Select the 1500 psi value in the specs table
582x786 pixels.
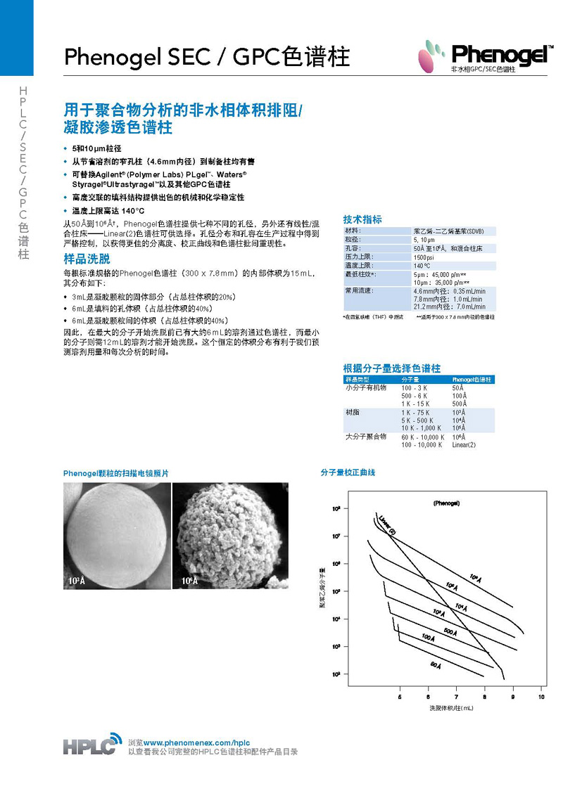tap(424, 257)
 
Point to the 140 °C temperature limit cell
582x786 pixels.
tap(422, 266)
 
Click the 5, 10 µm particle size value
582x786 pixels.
tap(425, 239)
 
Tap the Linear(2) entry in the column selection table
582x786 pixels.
tap(464, 445)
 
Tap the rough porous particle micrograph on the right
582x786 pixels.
tap(230, 535)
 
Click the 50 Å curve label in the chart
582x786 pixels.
tap(435, 664)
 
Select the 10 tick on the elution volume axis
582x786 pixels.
tap(540, 697)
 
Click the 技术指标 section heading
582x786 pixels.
tap(362, 219)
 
